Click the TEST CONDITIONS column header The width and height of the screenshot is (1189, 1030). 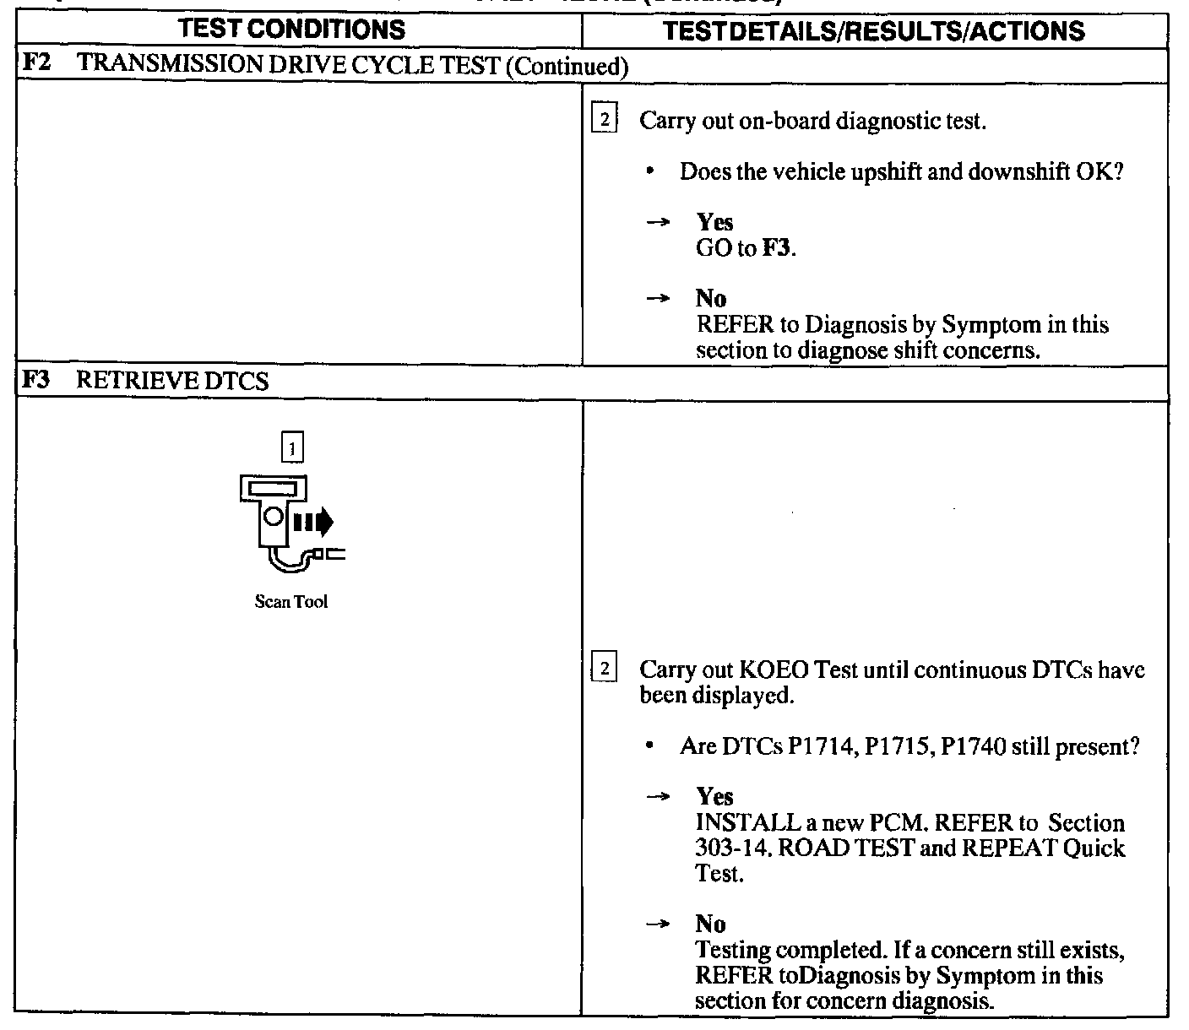point(293,30)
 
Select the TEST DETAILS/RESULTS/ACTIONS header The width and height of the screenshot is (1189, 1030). point(874,31)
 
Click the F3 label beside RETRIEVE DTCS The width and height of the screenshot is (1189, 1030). point(35,381)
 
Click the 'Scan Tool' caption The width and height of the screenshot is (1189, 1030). point(290,602)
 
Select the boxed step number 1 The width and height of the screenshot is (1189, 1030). point(291,448)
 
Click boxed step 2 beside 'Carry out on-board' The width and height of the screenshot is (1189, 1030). point(605,119)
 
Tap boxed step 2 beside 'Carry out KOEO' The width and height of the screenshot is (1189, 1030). point(605,670)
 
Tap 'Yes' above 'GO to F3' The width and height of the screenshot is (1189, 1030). point(714,223)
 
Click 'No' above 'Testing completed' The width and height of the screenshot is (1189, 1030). point(711,924)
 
